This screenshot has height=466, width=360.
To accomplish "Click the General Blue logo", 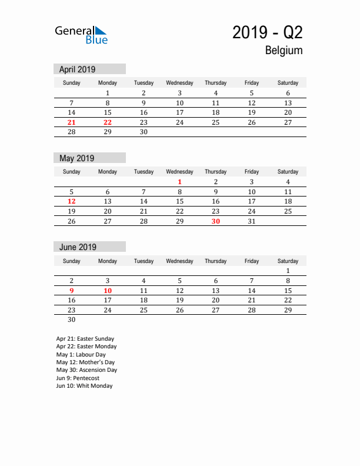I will click(x=81, y=35).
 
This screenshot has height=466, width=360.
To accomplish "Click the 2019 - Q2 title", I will click(x=268, y=33).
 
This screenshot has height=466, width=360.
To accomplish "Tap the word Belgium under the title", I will click(x=284, y=51).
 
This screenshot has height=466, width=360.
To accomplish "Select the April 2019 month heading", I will click(x=78, y=69).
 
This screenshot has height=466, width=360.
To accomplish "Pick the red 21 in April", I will click(x=72, y=122).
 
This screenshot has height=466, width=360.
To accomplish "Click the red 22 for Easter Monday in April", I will click(x=108, y=122).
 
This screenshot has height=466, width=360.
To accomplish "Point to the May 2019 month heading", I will click(x=77, y=158).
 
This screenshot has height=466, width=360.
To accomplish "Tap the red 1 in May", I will click(x=180, y=182).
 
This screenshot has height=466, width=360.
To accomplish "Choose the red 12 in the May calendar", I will click(x=72, y=201).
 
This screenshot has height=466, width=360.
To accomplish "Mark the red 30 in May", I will click(x=216, y=221).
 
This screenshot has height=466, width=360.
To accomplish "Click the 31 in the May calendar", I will click(x=252, y=221).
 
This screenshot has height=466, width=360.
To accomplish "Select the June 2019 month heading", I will click(x=78, y=247).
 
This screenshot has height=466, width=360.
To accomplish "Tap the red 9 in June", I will click(x=72, y=291).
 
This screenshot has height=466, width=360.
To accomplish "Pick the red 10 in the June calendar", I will click(x=108, y=291).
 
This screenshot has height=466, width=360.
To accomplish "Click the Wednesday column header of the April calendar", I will click(x=179, y=83).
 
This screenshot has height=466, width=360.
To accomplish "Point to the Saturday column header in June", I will click(x=288, y=261).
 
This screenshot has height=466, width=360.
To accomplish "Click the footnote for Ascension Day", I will click(x=86, y=370).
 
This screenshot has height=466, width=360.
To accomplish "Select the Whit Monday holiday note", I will click(x=84, y=386).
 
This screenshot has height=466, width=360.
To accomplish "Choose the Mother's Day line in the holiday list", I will click(x=85, y=362).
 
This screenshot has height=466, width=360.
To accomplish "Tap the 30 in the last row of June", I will click(x=72, y=320).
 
